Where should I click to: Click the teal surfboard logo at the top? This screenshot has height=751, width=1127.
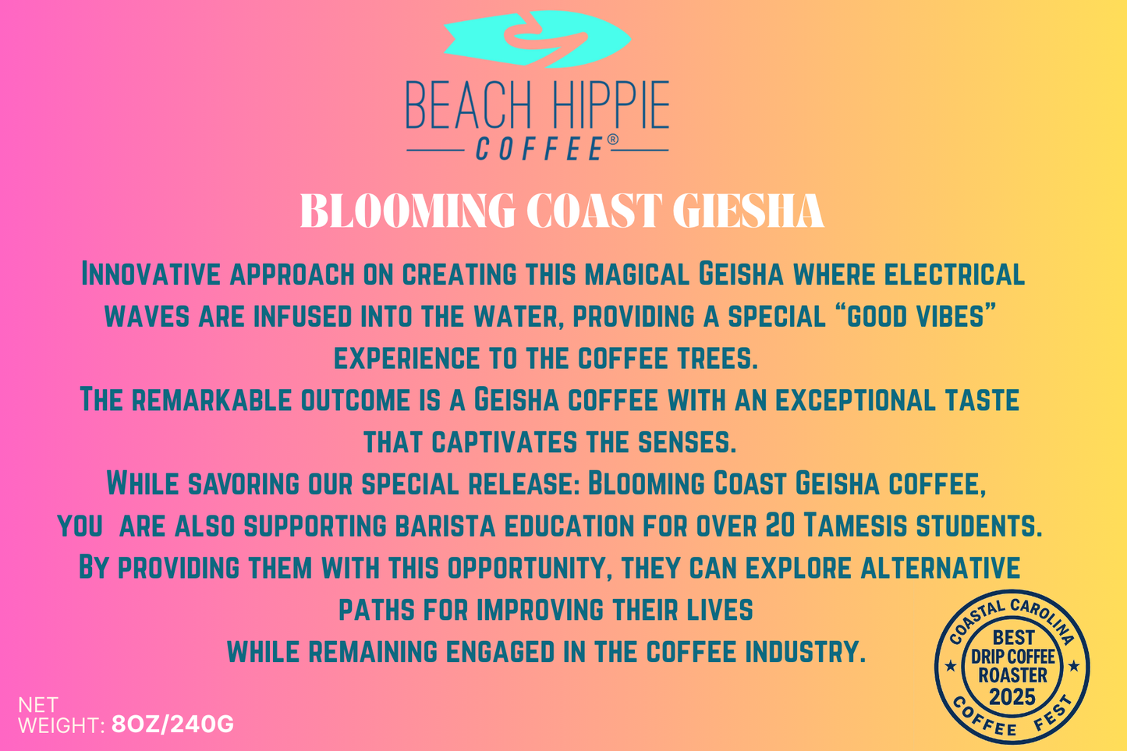(x=537, y=39)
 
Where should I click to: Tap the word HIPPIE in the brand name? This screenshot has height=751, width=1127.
(x=608, y=105)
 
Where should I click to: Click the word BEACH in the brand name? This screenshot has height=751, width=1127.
(x=469, y=105)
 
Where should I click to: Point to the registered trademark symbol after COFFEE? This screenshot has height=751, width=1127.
(x=613, y=140)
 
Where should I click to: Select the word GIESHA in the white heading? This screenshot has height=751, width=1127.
(x=748, y=211)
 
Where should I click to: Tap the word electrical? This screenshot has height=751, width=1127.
(x=955, y=275)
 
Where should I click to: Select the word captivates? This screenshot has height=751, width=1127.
(x=504, y=442)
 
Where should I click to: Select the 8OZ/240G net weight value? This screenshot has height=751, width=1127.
(x=172, y=724)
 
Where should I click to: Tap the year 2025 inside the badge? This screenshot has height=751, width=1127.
(x=1012, y=696)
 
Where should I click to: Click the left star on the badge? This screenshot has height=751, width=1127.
(x=951, y=667)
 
